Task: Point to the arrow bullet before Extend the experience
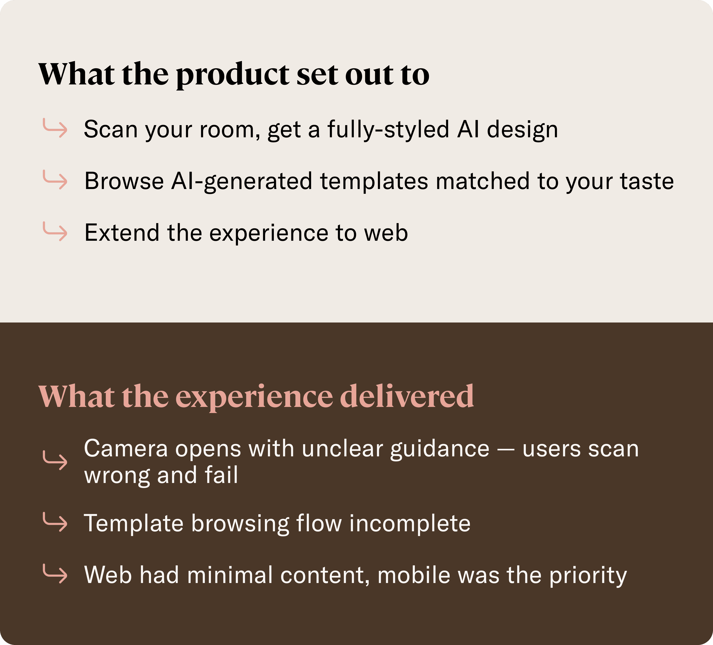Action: [55, 231]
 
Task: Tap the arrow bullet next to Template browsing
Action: [55, 522]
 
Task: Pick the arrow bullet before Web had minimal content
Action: [55, 574]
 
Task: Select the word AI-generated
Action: [242, 182]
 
